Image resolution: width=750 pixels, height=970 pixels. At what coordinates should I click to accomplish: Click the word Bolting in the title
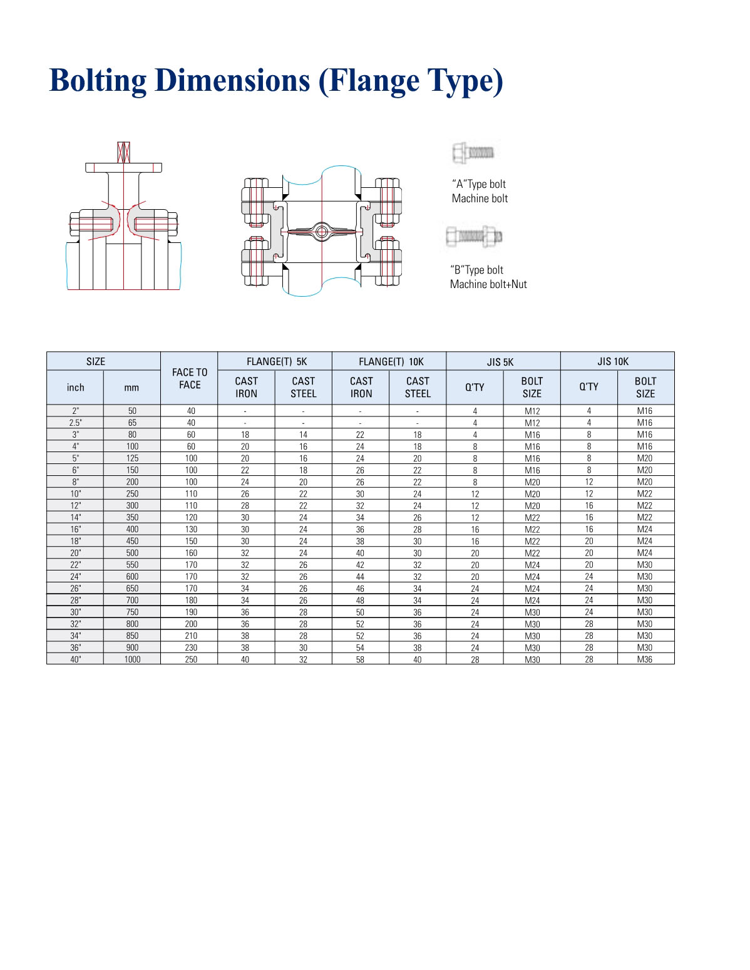(x=98, y=81)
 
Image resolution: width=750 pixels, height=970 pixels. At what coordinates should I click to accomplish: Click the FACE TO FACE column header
(x=190, y=378)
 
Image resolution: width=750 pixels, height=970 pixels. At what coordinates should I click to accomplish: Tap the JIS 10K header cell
(x=613, y=361)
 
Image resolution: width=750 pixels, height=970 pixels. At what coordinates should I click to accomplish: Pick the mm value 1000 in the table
(x=132, y=659)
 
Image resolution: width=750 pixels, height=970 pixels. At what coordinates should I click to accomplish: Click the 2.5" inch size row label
(x=75, y=422)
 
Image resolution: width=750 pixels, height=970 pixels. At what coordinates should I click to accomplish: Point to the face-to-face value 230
(x=191, y=648)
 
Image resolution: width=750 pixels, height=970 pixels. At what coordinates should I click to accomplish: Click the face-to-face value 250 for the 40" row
(x=191, y=659)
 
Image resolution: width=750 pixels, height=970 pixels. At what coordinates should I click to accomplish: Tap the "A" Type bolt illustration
(x=473, y=153)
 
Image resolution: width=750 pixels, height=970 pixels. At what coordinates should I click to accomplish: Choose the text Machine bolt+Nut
(x=488, y=284)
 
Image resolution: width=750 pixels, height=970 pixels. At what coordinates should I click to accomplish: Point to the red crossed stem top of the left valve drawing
(x=123, y=152)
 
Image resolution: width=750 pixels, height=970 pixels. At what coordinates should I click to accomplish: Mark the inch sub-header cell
(x=75, y=387)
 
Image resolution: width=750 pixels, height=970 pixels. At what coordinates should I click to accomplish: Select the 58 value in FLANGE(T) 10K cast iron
(x=360, y=659)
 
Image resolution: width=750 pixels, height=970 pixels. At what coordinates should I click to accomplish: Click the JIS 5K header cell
(x=500, y=361)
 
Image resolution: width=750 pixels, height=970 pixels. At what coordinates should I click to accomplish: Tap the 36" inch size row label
(x=75, y=648)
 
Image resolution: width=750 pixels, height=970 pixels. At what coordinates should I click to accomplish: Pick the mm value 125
(x=132, y=458)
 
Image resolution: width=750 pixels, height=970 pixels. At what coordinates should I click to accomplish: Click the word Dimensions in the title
(x=232, y=81)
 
